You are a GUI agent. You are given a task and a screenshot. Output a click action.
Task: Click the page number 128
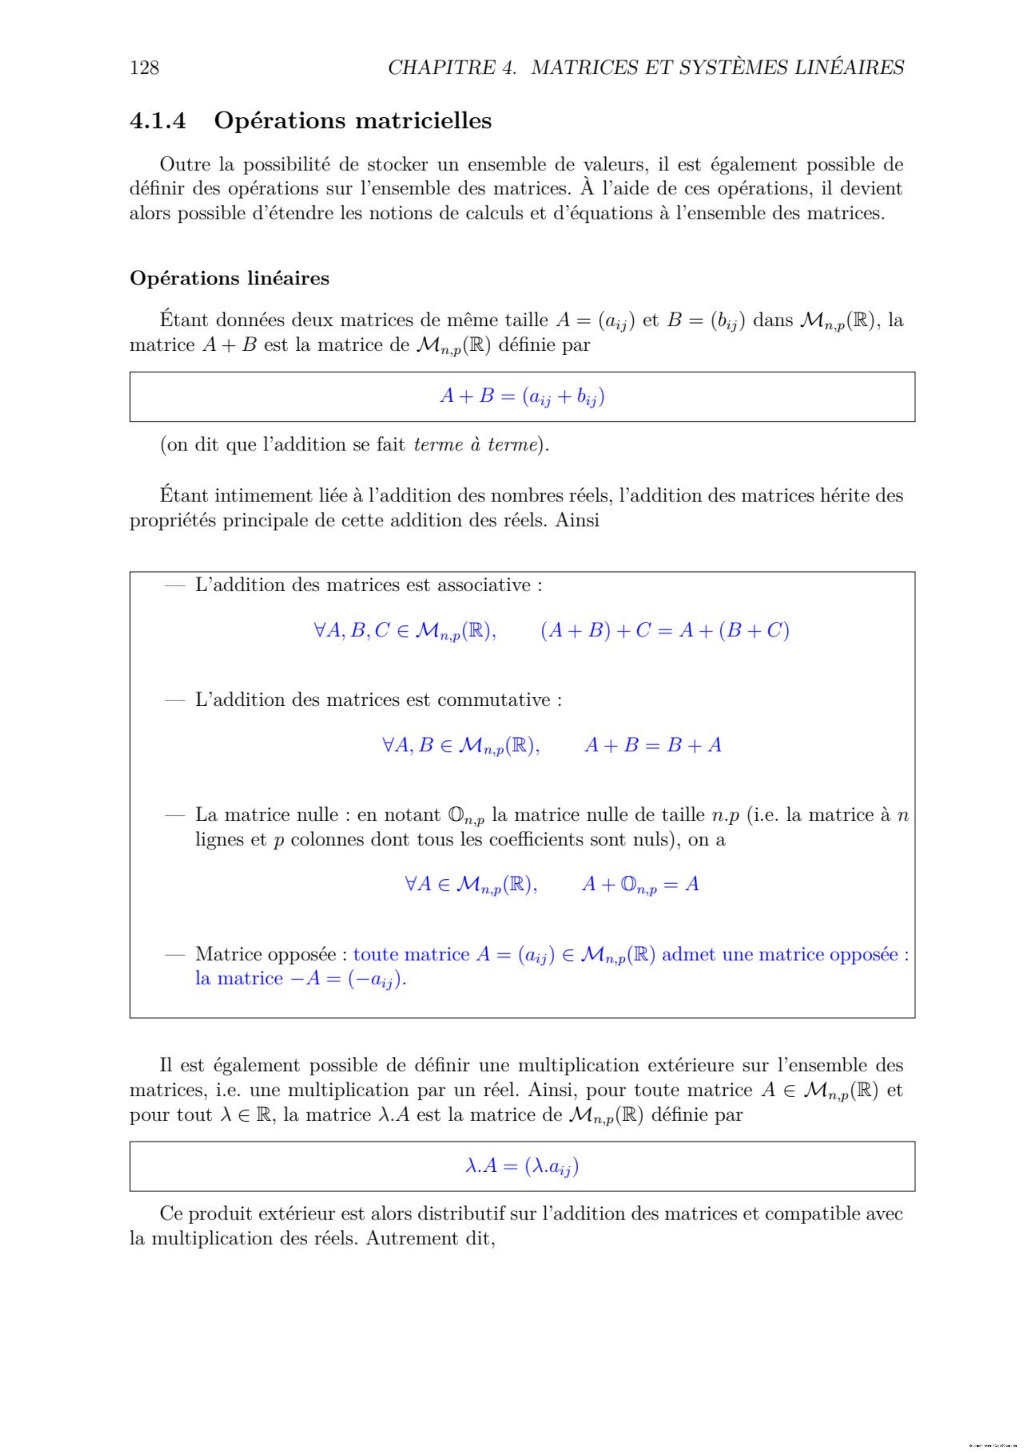[x=144, y=67]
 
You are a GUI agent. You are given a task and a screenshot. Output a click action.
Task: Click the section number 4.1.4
[x=158, y=121]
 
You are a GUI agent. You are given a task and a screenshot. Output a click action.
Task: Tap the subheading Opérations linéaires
[x=229, y=278]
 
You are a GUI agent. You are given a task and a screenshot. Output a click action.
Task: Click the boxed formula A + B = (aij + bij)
[x=521, y=397]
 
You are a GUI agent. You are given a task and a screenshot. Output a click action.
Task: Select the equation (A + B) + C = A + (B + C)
[x=664, y=631]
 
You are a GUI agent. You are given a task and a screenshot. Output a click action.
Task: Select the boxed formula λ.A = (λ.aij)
[x=521, y=1166]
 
